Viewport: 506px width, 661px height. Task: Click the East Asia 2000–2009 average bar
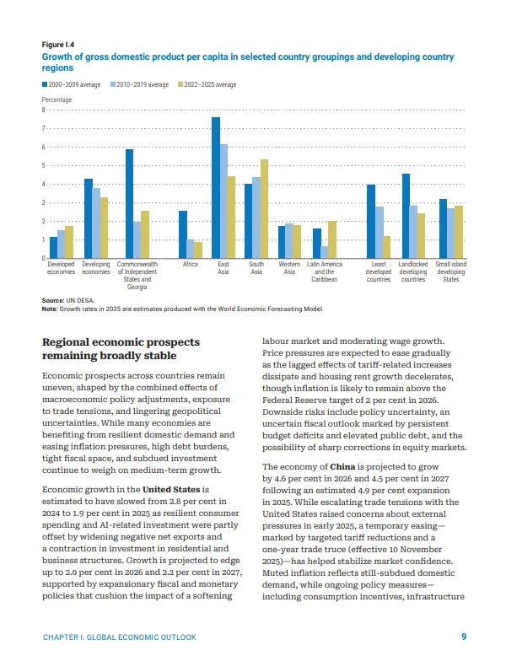[216, 187]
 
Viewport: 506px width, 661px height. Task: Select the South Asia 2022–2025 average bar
[264, 208]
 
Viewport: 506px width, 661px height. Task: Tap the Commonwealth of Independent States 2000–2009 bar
[129, 203]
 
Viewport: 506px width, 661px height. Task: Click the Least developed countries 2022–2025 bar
[387, 247]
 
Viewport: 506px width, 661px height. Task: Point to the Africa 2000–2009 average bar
[183, 234]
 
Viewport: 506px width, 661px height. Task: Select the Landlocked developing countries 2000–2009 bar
[406, 216]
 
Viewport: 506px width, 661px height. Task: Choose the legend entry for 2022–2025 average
[207, 85]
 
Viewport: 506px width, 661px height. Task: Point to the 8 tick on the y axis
[44, 110]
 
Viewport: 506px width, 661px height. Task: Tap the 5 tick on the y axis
[44, 166]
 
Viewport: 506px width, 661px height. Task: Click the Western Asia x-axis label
[289, 268]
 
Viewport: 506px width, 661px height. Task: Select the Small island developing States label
[450, 271]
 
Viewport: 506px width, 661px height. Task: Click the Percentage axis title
[57, 99]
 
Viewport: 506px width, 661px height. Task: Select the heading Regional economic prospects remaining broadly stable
[121, 349]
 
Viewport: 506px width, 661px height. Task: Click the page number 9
[464, 637]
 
